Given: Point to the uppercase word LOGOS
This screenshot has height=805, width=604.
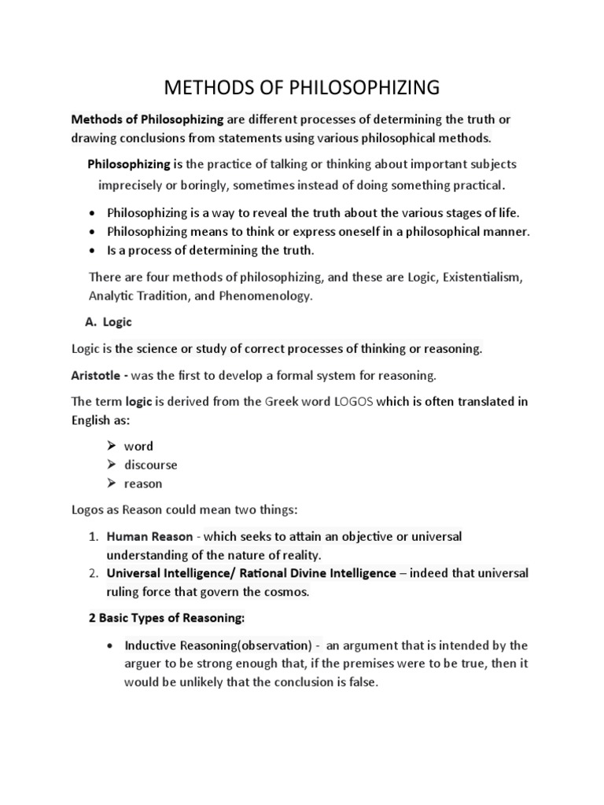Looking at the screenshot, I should click(x=354, y=401).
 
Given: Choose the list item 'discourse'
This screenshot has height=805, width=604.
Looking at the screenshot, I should click(x=150, y=465).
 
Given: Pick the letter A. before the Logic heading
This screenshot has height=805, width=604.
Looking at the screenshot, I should click(x=90, y=322).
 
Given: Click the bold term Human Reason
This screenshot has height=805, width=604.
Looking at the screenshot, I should click(x=149, y=536).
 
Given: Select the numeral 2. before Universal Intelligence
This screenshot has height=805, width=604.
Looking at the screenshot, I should click(x=93, y=573).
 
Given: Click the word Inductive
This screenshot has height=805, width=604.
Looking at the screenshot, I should click(x=150, y=645).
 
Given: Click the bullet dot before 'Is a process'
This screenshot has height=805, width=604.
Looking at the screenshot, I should click(x=94, y=251).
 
